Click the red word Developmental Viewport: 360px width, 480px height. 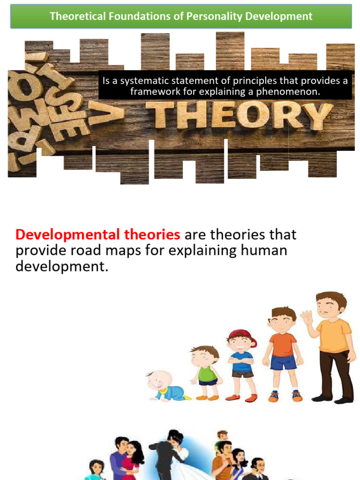tap(70, 234)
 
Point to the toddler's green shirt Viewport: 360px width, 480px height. tap(207, 374)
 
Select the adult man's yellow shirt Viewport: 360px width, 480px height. tap(334, 335)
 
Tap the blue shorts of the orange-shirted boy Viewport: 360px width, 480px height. tap(283, 362)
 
